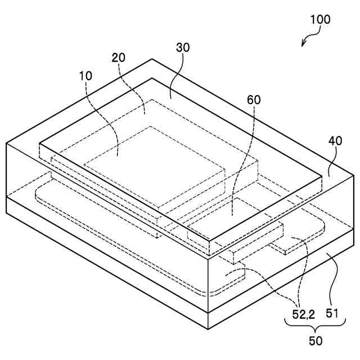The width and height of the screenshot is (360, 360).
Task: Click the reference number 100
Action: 320,19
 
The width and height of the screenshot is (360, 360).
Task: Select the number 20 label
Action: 119,57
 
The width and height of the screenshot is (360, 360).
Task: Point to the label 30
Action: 183,48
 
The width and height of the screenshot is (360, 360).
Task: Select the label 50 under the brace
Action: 316,341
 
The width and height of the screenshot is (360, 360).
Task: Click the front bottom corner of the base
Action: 209,329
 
